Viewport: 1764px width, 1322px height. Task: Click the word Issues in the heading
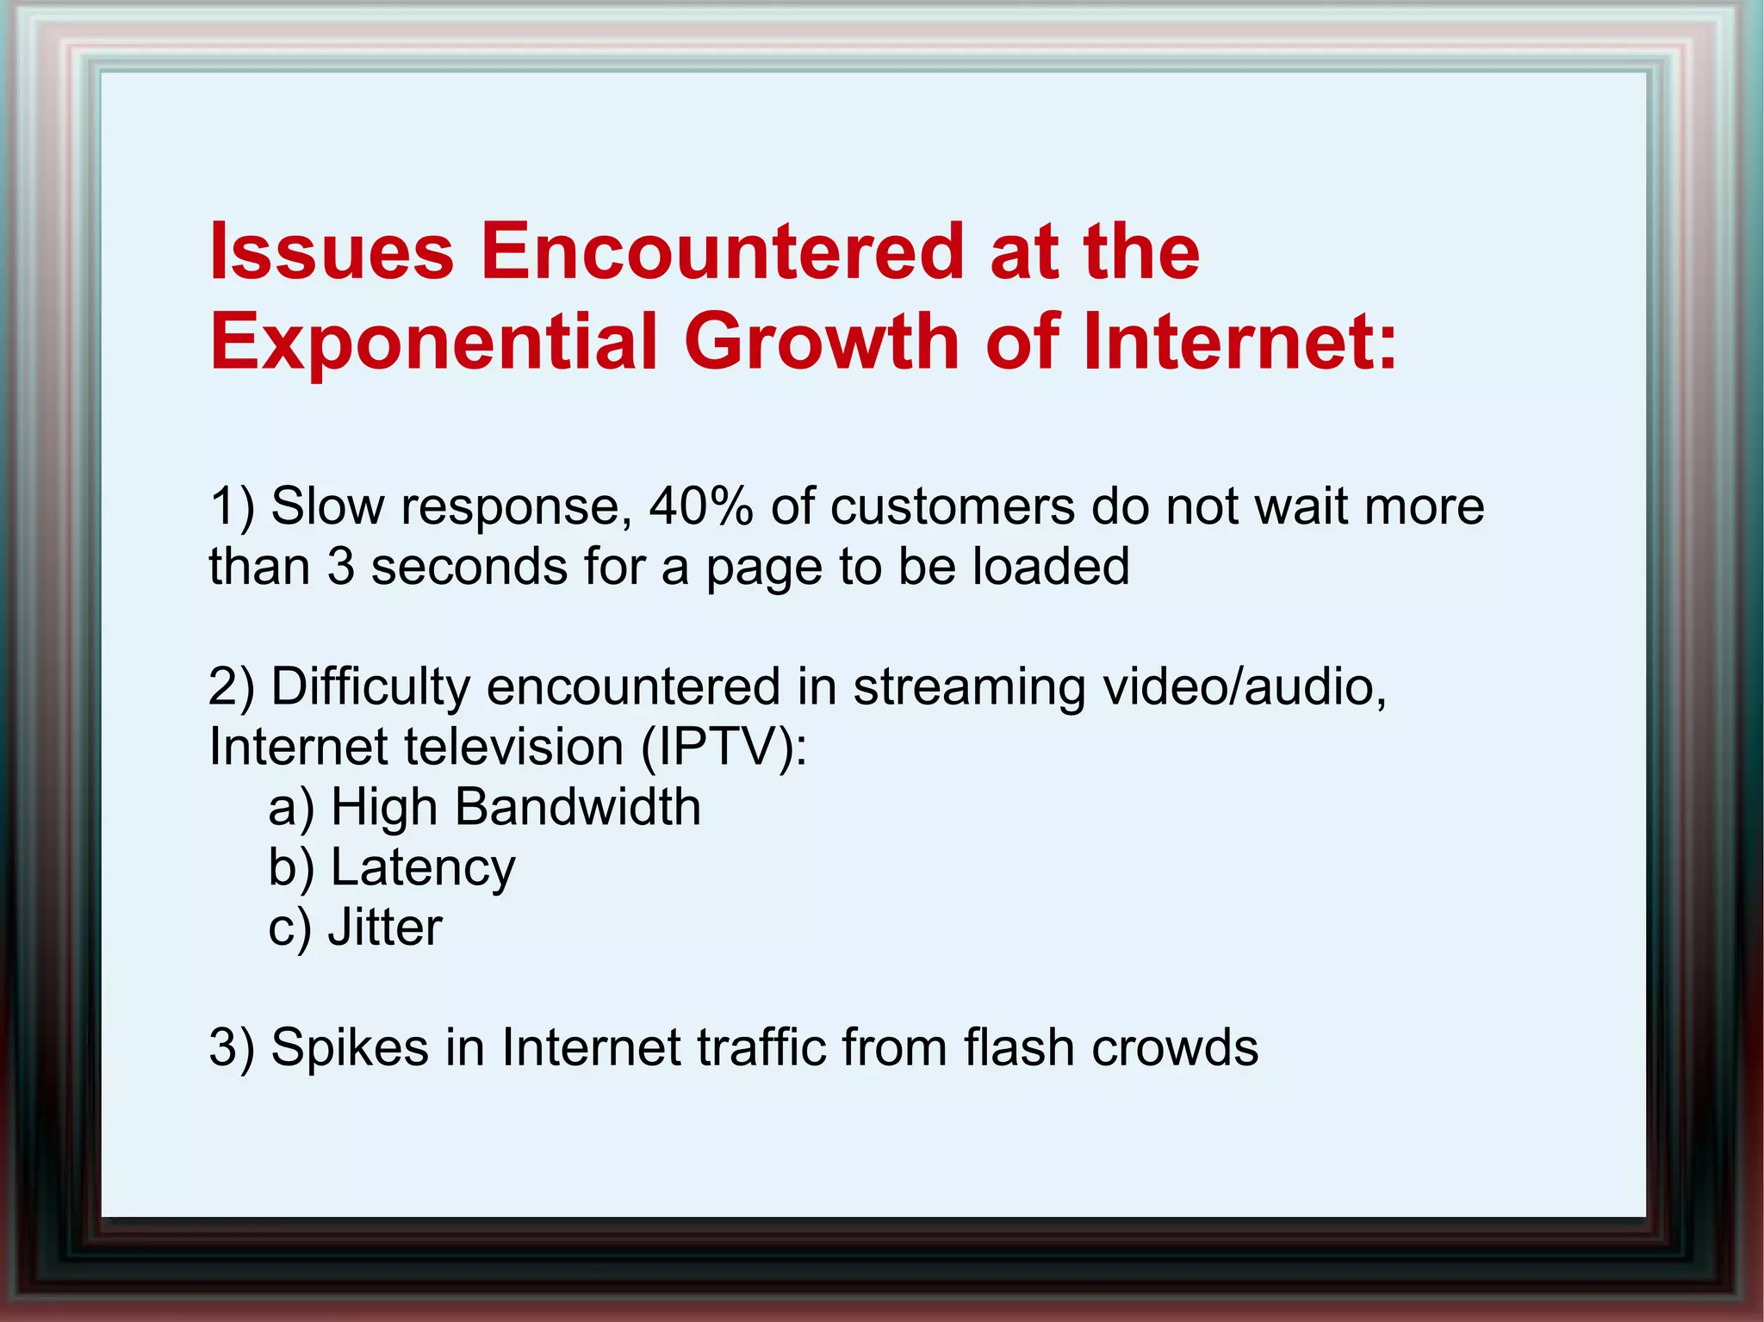click(332, 251)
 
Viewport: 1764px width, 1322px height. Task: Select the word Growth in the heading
click(822, 342)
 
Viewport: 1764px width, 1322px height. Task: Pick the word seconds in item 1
click(469, 567)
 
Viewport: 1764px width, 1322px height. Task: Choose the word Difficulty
click(370, 687)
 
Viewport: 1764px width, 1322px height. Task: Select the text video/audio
click(1245, 687)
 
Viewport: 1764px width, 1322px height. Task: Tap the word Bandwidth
click(577, 807)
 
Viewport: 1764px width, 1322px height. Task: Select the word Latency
click(423, 867)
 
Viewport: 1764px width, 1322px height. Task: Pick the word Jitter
click(385, 928)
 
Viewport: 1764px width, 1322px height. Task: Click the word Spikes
click(350, 1048)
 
